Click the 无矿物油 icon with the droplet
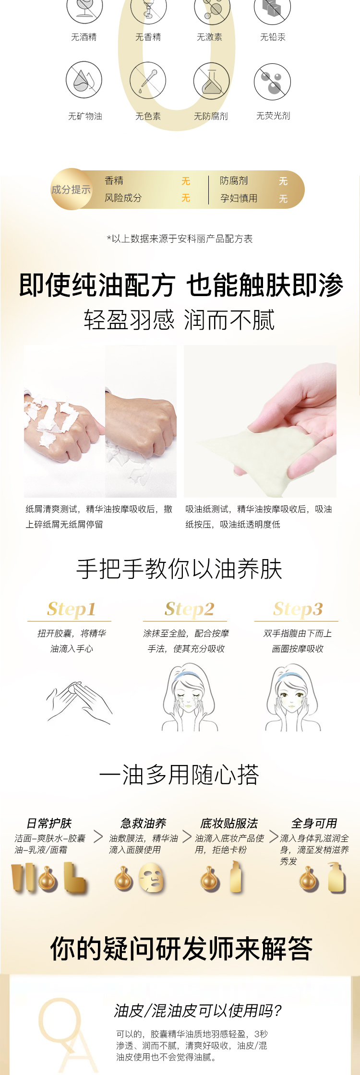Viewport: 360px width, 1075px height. coord(84,80)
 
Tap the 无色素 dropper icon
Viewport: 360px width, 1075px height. coord(147,80)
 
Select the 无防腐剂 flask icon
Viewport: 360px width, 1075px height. coord(211,81)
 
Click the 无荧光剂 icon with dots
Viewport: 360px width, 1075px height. coord(272,81)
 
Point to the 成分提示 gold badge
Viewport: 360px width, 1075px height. coord(71,189)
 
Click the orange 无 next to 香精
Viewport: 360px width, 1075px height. coord(186,181)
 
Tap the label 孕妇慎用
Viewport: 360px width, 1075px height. coord(239,198)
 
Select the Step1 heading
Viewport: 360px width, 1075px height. coord(71,609)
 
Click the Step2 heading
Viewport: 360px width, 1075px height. coord(190,609)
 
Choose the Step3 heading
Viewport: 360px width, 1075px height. coord(298,609)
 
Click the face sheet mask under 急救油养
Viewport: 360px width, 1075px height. coord(151,878)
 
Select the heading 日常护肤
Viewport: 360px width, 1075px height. coord(48,824)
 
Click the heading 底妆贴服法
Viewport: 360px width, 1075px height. coord(229,824)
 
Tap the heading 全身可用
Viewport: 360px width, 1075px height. coord(314,824)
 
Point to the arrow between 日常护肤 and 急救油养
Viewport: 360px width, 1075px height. coord(98,836)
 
